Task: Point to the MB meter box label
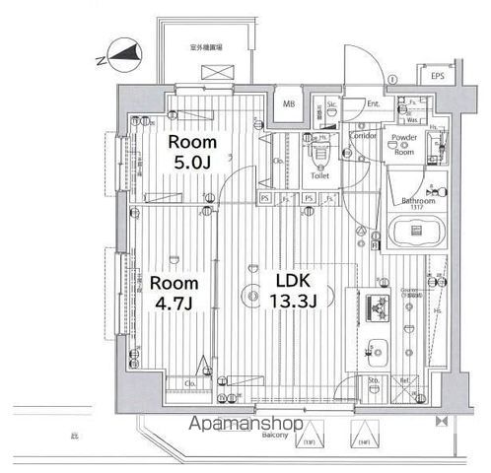[290, 103]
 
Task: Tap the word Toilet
[319, 176]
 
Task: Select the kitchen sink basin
[378, 348]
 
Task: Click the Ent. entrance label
[374, 102]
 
